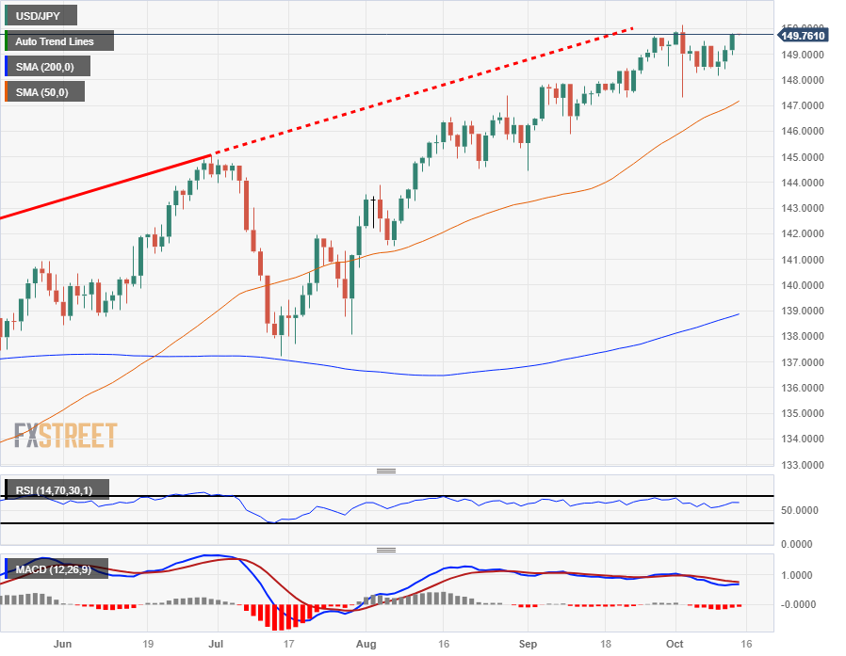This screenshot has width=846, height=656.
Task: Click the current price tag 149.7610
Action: click(x=804, y=36)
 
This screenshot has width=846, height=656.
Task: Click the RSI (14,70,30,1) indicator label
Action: click(x=57, y=489)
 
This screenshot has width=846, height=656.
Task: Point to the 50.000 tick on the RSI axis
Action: click(x=799, y=510)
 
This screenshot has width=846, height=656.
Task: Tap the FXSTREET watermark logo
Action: click(x=65, y=435)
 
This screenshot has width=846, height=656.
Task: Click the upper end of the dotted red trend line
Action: click(x=632, y=28)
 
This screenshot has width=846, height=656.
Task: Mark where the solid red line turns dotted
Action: click(x=209, y=154)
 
